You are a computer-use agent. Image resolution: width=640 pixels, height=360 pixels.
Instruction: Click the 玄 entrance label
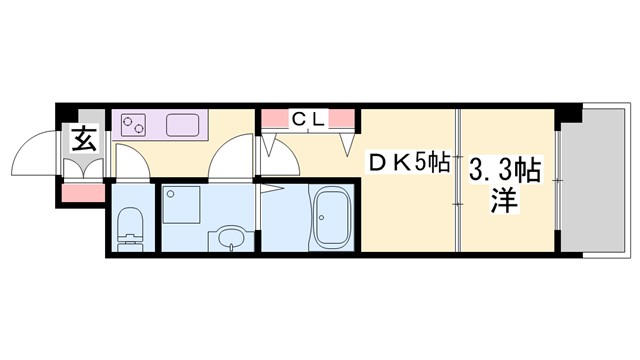(83, 140)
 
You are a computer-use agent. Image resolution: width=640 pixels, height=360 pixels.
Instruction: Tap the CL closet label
(307, 119)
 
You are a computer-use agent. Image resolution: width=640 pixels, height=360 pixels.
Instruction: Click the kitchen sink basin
(186, 125)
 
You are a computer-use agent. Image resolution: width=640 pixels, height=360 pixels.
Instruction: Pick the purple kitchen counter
(160, 125)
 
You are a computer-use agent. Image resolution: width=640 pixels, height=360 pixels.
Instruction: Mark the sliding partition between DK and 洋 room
(457, 180)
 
